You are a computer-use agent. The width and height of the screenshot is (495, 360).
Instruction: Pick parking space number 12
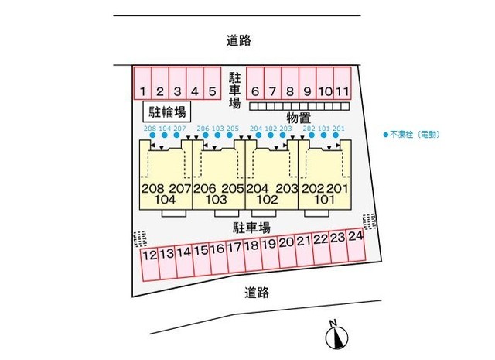[150, 254]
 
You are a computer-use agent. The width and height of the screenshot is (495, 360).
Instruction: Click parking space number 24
[355, 235]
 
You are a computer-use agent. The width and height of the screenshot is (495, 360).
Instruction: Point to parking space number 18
[251, 246]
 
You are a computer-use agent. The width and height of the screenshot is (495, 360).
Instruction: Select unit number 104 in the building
[166, 200]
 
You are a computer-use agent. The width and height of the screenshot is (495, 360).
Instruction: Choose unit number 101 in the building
[324, 200]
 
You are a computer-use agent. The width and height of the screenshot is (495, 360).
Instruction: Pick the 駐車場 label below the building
[252, 227]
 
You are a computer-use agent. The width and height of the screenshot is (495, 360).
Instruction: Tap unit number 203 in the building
[285, 188]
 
